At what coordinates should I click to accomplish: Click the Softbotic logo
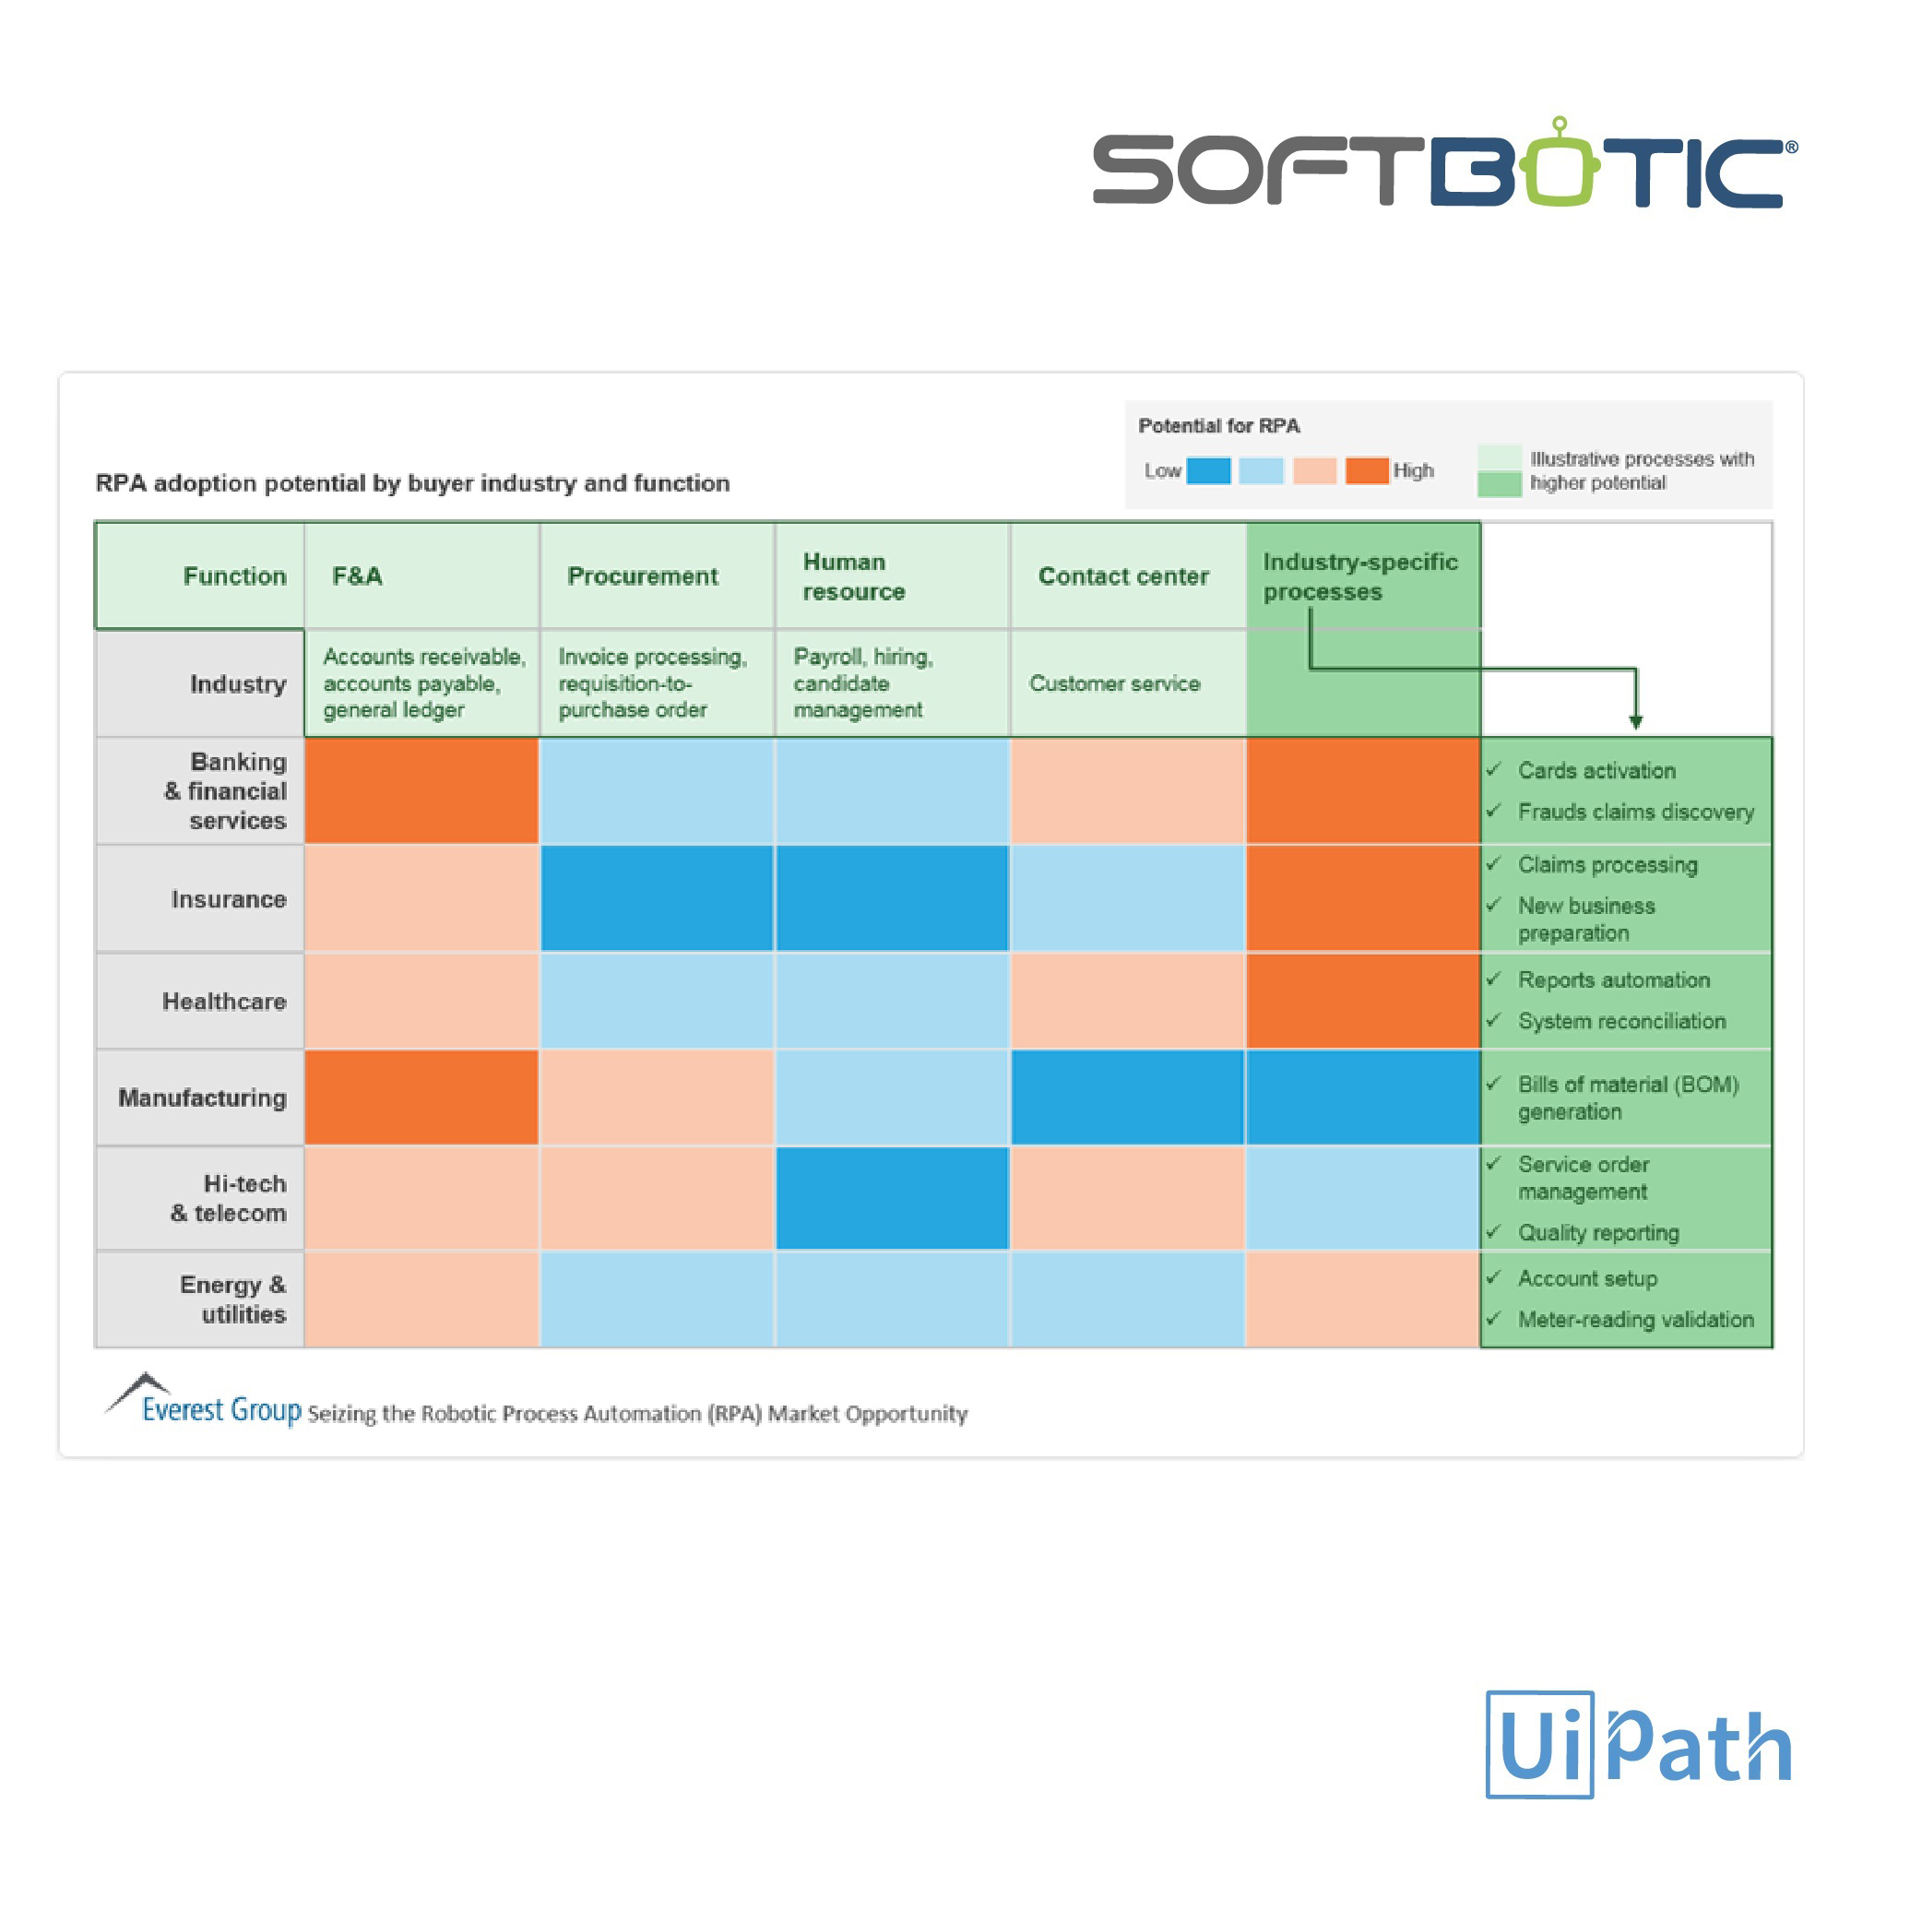point(1444,163)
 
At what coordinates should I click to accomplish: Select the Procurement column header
point(643,576)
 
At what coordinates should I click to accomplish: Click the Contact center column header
point(1123,576)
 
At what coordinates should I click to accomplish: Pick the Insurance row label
point(228,899)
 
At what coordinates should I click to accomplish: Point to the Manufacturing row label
point(202,1097)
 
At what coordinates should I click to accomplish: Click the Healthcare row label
point(224,1001)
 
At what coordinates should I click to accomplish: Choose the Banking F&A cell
point(421,791)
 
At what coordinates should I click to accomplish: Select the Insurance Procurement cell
point(657,898)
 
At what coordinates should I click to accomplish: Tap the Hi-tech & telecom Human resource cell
point(893,1198)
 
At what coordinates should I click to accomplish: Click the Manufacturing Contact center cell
point(1127,1097)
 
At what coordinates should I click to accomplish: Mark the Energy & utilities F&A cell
point(421,1299)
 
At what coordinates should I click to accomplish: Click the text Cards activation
point(1596,771)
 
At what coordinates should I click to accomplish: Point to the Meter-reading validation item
point(1635,1319)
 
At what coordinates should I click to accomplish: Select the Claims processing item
point(1608,864)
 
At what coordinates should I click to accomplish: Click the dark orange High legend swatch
point(1367,470)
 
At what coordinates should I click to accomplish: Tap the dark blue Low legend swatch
point(1209,470)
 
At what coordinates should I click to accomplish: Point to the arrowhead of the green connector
point(1635,721)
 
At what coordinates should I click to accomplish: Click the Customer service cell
point(1114,683)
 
